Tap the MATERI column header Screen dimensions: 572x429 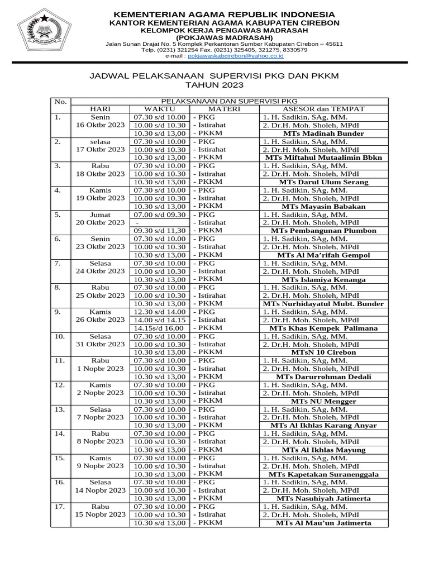pos(223,109)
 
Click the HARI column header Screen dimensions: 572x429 pos(101,109)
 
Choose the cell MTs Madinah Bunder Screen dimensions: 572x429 pos(323,134)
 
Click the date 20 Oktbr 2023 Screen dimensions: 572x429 pos(101,222)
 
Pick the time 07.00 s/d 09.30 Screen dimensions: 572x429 pos(160,214)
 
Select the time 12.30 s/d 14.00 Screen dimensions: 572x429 pos(160,312)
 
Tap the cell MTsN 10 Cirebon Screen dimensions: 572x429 pos(323,352)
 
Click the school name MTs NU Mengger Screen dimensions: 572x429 pos(323,401)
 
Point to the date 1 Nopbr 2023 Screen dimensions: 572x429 pos(101,369)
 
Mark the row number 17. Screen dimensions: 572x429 pos(60,507)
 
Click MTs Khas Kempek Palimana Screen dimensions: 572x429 pos(323,328)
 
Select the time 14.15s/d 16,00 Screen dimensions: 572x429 pos(160,328)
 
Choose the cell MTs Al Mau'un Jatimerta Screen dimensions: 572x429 pos(323,523)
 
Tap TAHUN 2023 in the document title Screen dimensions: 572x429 pos(214,85)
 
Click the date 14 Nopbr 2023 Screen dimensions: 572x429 pos(101,490)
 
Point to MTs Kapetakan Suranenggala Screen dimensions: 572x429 pos(323,474)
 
